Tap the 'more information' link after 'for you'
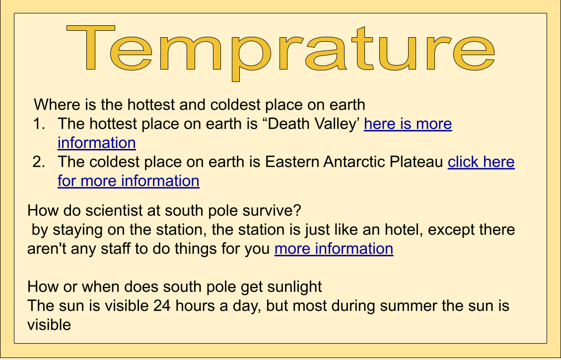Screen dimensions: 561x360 tap(334, 249)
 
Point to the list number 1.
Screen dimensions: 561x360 tap(39, 124)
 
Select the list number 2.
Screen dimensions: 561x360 tap(39, 162)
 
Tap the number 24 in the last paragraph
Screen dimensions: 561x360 tap(162, 306)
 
